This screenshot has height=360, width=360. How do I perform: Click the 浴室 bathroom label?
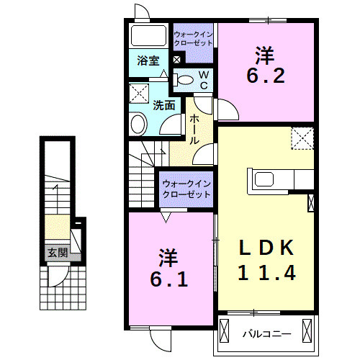tap(149, 61)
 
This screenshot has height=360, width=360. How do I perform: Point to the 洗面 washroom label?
tap(164, 104)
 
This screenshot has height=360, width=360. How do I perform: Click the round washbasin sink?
tap(138, 124)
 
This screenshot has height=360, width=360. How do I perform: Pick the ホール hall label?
tap(194, 130)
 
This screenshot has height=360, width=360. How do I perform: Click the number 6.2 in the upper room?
tap(266, 76)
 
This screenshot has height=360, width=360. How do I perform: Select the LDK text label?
tap(266, 248)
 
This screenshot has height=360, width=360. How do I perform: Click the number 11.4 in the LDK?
tap(266, 274)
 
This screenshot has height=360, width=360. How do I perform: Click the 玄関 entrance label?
tap(58, 253)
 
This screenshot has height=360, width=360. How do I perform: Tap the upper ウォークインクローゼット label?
tap(194, 38)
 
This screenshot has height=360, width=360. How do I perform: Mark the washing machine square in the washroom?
tap(140, 93)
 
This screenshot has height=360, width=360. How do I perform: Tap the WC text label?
tap(204, 80)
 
